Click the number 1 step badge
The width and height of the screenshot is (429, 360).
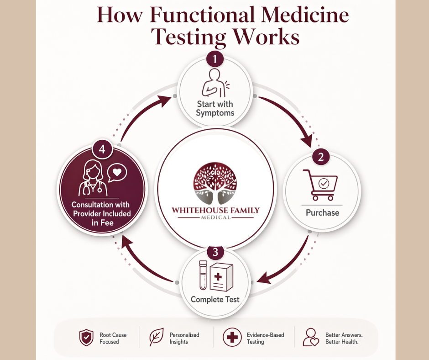point(215,59)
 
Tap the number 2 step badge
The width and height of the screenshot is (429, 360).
point(321,158)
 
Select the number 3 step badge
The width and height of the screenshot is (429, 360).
point(215,252)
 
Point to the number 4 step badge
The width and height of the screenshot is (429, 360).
point(102,150)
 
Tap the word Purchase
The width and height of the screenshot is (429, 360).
point(323,213)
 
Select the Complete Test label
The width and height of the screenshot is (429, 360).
point(215,300)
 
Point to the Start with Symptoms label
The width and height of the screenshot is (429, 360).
point(214,108)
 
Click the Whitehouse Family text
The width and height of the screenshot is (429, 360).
point(215,211)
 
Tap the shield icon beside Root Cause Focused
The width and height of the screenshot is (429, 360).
point(86,338)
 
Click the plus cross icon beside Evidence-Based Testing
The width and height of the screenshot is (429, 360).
point(232,338)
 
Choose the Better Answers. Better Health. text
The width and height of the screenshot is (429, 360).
point(344,339)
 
